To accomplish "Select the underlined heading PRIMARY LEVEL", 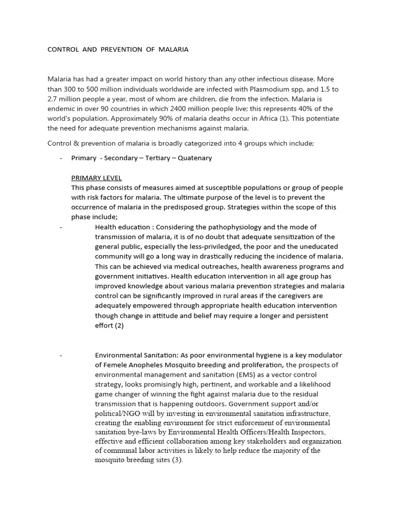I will [x=96, y=178].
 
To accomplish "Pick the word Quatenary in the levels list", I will [x=194, y=158].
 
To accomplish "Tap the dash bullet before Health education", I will [x=61, y=227].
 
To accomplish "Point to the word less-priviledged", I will [x=205, y=247].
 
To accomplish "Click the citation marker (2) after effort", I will [x=118, y=325].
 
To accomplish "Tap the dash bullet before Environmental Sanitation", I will [x=61, y=355].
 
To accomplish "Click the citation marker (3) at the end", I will [x=175, y=460].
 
